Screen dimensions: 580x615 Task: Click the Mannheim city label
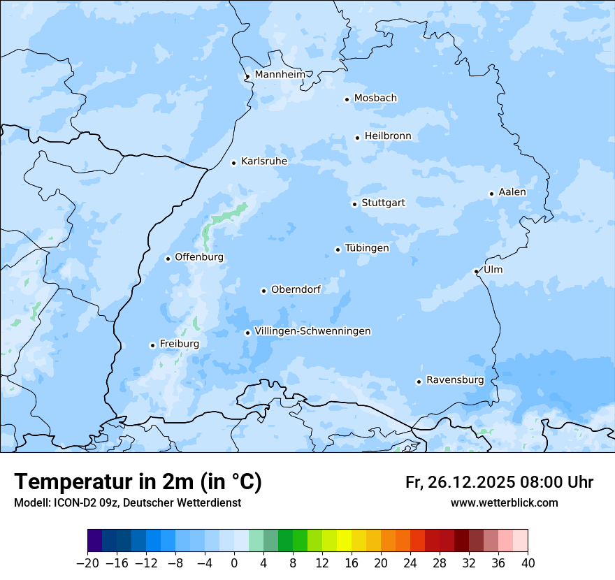click(280, 75)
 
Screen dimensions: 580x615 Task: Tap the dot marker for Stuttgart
click(354, 204)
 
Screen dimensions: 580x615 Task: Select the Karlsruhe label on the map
click(263, 161)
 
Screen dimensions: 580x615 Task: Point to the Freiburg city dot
click(152, 345)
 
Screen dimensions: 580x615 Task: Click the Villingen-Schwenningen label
click(312, 331)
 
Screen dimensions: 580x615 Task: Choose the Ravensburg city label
click(454, 380)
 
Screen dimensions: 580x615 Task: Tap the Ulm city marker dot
click(476, 271)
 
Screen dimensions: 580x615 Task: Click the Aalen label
click(512, 192)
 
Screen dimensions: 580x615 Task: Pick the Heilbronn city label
click(388, 136)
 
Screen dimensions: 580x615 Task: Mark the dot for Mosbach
click(347, 99)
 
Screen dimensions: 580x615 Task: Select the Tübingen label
click(367, 248)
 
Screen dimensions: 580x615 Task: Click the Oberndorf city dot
click(263, 291)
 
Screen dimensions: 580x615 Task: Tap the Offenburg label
click(199, 257)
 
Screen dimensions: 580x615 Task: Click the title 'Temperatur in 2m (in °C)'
click(138, 481)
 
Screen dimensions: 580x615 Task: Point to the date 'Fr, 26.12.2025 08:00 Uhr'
click(499, 482)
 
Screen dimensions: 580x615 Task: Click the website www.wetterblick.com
click(504, 502)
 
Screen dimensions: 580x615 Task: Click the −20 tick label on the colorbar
click(87, 563)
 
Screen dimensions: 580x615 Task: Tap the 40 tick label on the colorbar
click(528, 563)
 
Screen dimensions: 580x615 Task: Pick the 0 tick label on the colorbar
click(234, 563)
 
